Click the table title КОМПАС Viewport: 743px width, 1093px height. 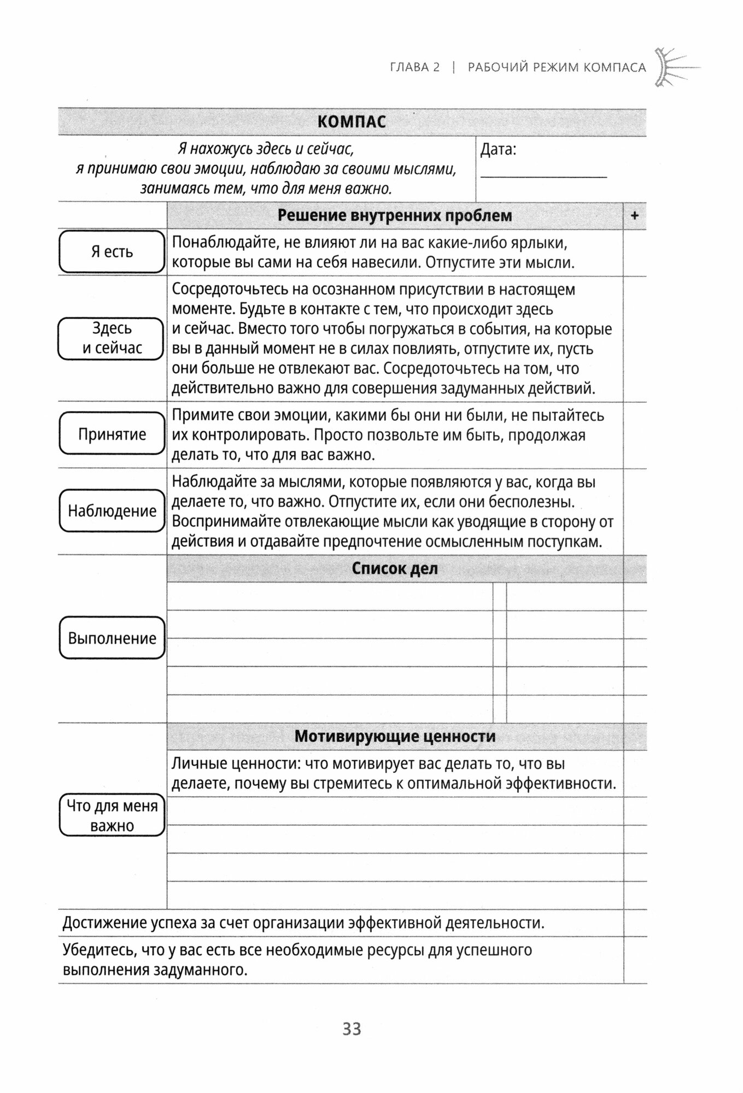tap(352, 121)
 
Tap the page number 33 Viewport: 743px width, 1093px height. tap(352, 1029)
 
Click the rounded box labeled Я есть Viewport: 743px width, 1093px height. tap(112, 252)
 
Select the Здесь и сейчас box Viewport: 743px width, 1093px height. tap(112, 339)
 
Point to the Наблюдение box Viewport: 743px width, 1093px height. tap(112, 511)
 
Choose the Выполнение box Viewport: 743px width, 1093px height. tap(112, 638)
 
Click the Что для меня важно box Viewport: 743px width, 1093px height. tap(112, 815)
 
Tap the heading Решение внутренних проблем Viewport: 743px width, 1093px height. tap(395, 216)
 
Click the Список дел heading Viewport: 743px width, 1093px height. tap(395, 568)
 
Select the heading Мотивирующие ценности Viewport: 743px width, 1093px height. tap(395, 736)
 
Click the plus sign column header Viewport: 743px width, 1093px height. tap(635, 216)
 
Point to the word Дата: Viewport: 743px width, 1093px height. tap(498, 150)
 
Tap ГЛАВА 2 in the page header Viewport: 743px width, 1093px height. tap(414, 68)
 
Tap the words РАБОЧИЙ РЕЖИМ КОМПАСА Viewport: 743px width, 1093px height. tap(557, 68)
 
